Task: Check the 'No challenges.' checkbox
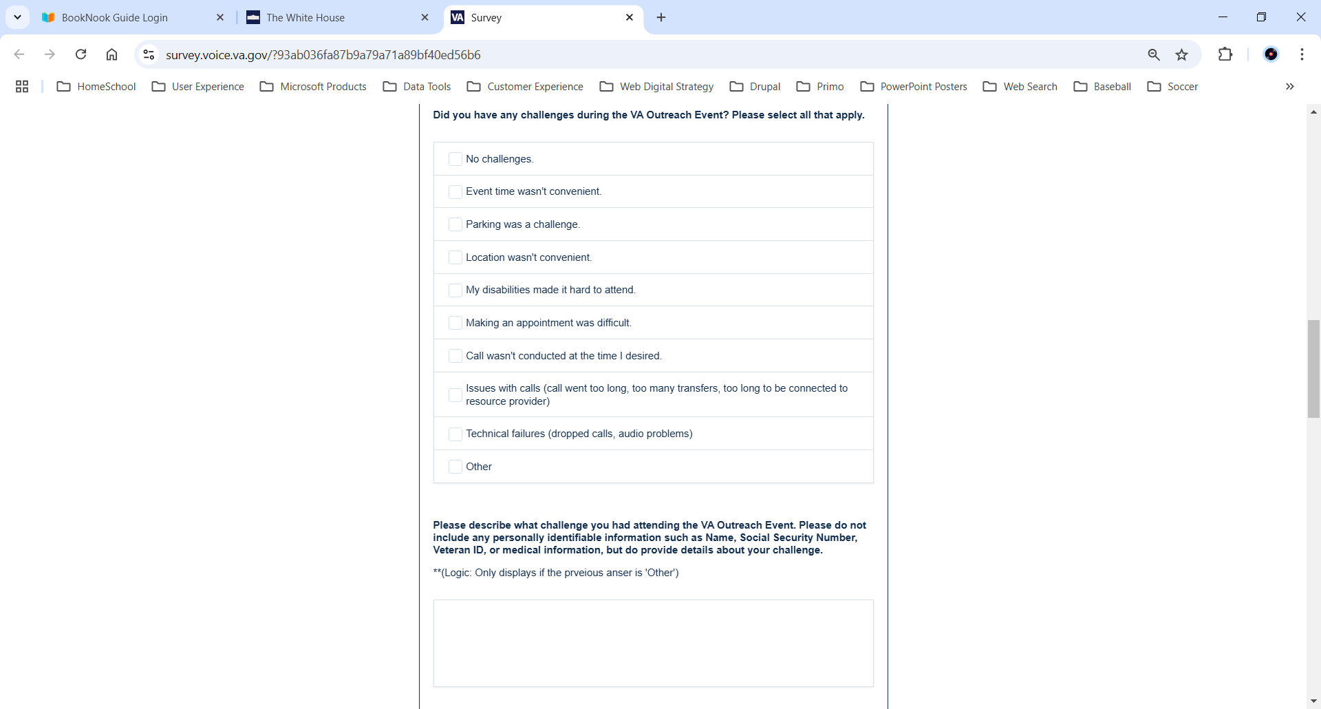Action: [x=455, y=159]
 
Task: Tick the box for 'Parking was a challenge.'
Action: [x=455, y=224]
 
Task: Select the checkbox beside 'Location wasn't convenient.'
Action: [x=455, y=257]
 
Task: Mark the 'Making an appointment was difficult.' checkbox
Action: [x=455, y=323]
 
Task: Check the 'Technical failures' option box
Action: [x=455, y=434]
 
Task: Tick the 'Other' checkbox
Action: [x=455, y=467]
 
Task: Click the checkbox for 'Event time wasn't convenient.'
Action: [x=455, y=191]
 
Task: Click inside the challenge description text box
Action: [x=653, y=643]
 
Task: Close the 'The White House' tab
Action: [x=425, y=18]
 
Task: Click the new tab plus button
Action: [x=661, y=18]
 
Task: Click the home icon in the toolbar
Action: [x=111, y=54]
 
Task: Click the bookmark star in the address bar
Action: [x=1182, y=55]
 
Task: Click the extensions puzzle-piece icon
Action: [x=1225, y=54]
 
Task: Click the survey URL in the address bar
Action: [x=323, y=55]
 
